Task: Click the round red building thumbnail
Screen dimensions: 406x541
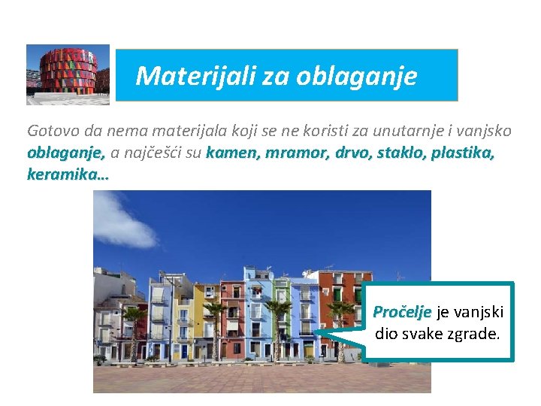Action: click(x=68, y=74)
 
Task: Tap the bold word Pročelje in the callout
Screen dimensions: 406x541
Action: click(x=402, y=312)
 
